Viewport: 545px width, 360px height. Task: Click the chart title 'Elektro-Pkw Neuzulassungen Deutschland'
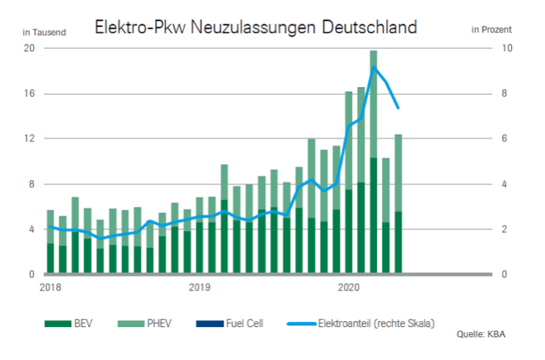tap(255, 28)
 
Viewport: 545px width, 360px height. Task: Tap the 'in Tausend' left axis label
tap(44, 32)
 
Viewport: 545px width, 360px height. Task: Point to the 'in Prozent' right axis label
tap(491, 30)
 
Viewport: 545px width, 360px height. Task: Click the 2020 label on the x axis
tap(347, 287)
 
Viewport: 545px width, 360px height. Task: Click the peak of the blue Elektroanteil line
tap(374, 67)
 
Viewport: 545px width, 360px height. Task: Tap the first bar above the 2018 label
tap(50, 242)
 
